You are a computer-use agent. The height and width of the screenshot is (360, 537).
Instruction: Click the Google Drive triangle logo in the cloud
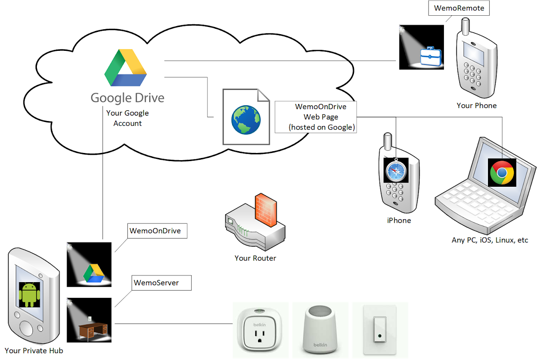tap(126, 68)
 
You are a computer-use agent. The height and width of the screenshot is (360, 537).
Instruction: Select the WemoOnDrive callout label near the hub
tap(155, 231)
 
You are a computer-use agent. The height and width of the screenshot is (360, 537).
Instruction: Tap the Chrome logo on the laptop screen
tap(502, 173)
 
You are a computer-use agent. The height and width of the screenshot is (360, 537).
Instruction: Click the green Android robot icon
tap(30, 294)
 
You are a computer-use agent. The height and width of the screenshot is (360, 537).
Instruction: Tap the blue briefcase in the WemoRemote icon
tap(430, 58)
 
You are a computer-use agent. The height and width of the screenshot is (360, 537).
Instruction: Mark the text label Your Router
tap(255, 258)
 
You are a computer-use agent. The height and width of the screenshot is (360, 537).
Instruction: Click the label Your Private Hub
tap(34, 351)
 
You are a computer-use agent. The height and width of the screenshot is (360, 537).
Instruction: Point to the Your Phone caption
tap(476, 106)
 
